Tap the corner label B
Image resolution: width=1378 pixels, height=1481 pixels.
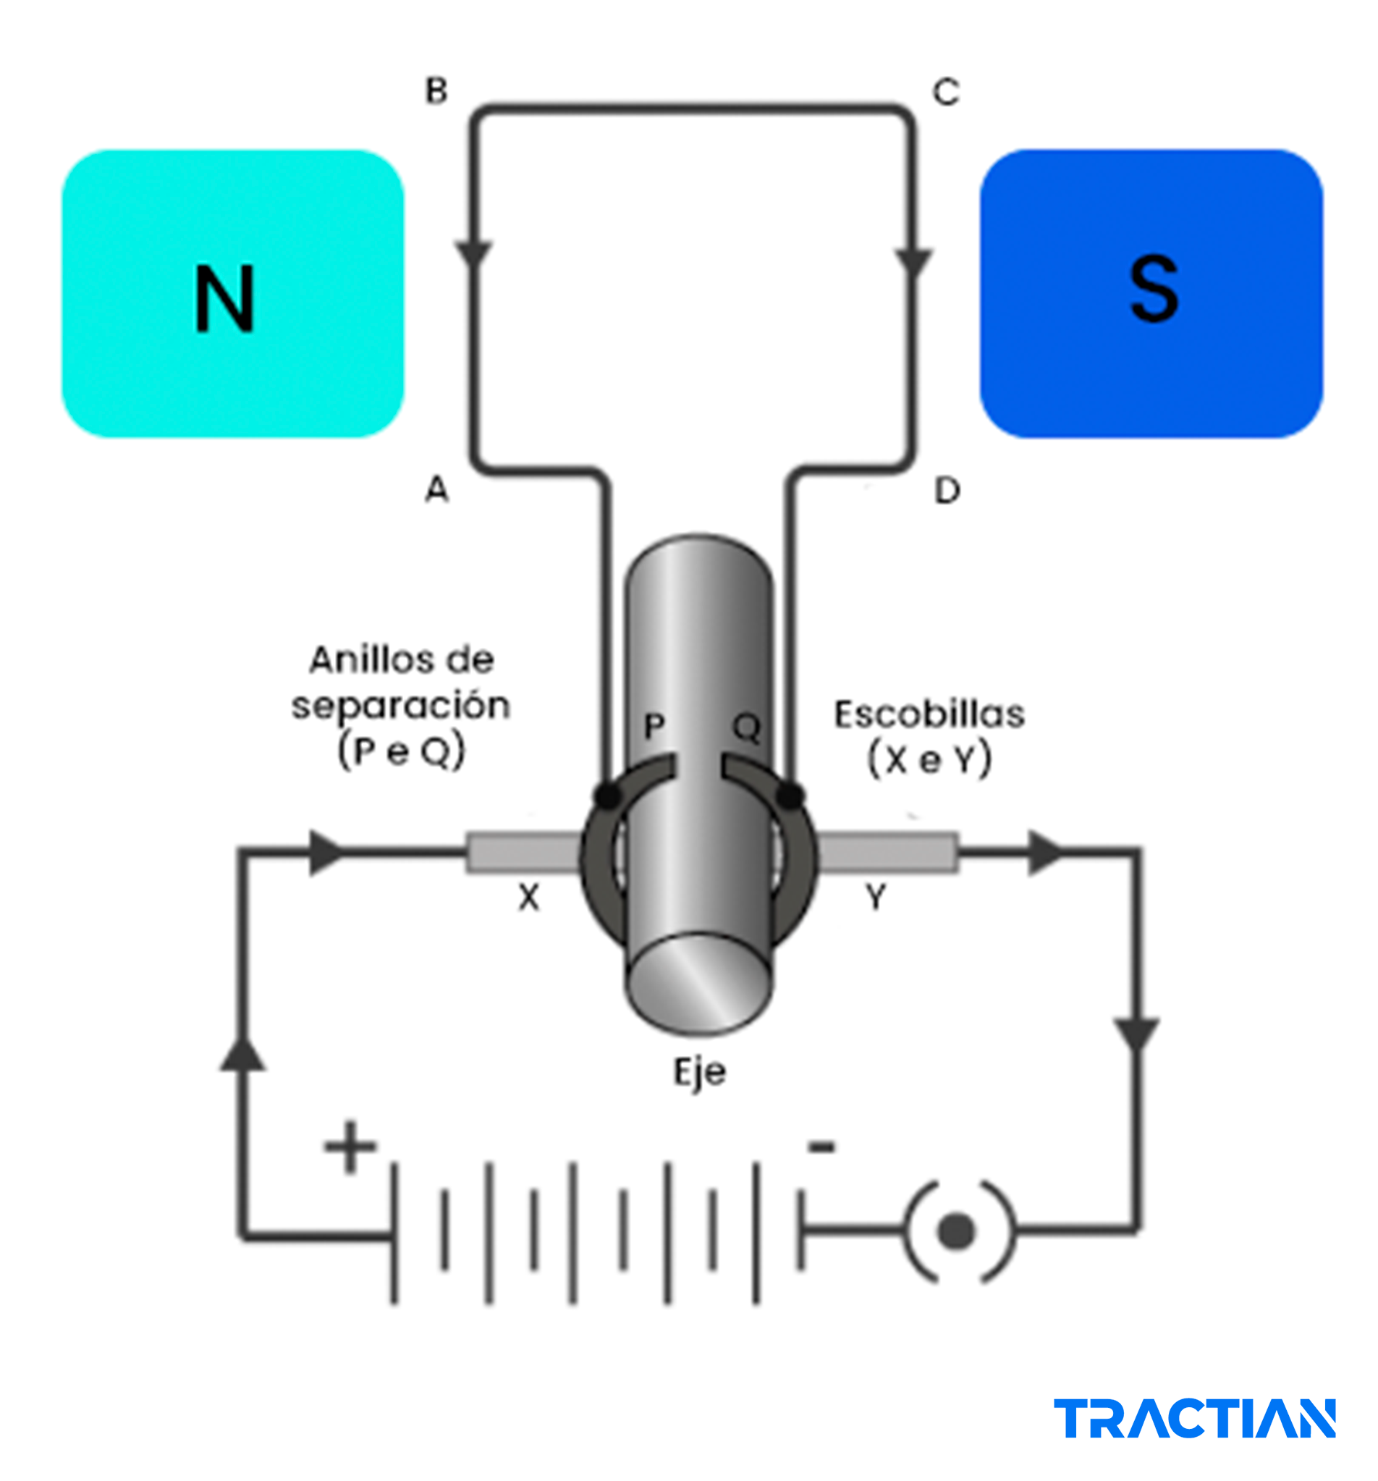[436, 91]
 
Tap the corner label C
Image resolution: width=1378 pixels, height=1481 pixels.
[946, 93]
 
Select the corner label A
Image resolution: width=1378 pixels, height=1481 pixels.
[436, 489]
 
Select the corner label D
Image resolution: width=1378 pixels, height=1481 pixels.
[947, 490]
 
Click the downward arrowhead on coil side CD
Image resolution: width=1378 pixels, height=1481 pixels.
[913, 263]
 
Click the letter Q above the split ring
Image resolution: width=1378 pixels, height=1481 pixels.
[746, 726]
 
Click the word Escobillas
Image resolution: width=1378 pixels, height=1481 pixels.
[929, 714]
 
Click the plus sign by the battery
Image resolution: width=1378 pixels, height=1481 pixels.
[350, 1147]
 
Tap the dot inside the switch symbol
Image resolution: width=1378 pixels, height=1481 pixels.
[956, 1230]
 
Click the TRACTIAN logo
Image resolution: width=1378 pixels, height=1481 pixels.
[1193, 1418]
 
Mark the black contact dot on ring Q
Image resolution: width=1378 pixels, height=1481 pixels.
[790, 796]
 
